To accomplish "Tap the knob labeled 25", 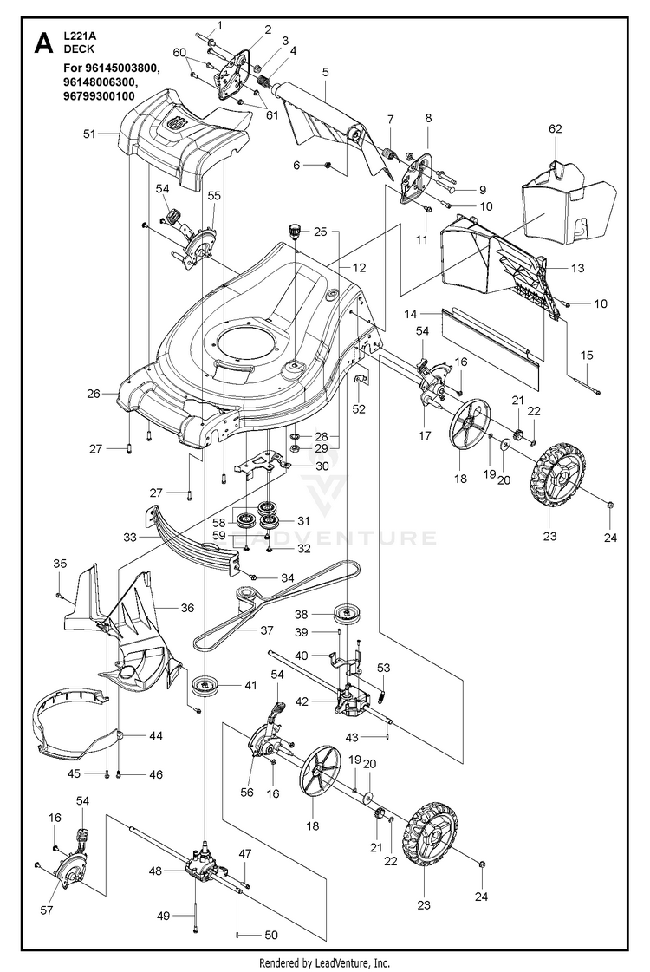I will tap(295, 231).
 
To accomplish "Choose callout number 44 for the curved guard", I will tap(155, 735).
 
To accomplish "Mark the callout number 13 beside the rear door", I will tap(578, 270).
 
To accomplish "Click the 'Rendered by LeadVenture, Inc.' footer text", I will tap(324, 962).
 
